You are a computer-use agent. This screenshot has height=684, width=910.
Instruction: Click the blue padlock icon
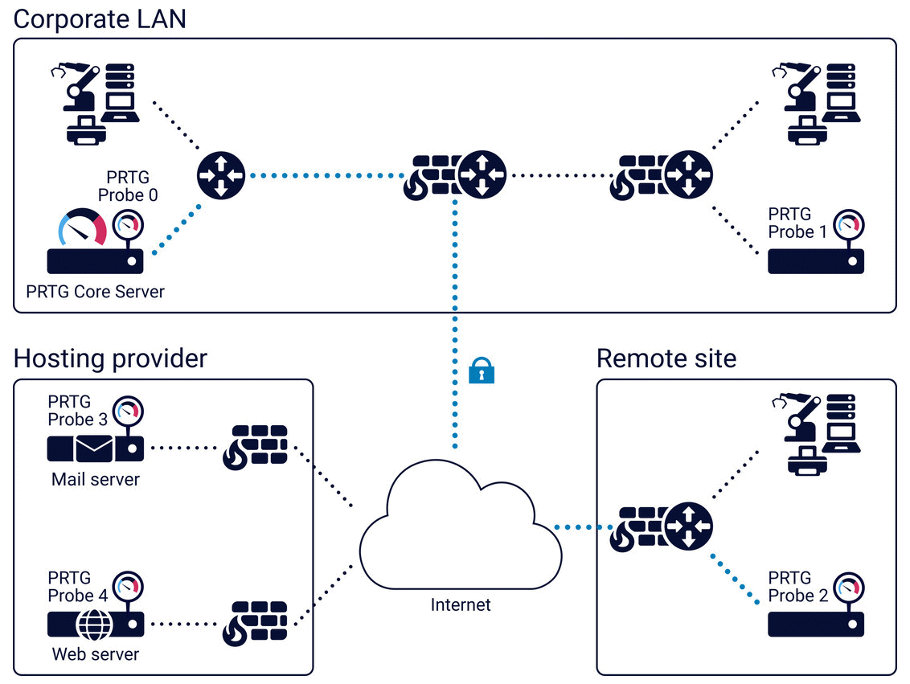click(482, 371)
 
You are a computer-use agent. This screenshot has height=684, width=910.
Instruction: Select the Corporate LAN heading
click(100, 18)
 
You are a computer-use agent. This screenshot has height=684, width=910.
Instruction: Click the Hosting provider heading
click(111, 358)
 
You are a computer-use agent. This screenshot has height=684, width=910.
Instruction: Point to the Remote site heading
click(666, 358)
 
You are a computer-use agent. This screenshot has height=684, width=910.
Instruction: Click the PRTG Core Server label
click(95, 291)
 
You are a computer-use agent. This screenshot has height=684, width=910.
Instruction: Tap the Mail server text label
click(96, 480)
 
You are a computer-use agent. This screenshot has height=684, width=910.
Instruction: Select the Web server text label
click(96, 654)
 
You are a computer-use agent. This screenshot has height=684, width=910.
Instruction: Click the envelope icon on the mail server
click(95, 448)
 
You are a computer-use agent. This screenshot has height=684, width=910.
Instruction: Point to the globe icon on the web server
click(95, 624)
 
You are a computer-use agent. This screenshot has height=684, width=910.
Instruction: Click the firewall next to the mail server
click(255, 447)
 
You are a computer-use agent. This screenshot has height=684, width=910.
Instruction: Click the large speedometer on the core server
click(83, 227)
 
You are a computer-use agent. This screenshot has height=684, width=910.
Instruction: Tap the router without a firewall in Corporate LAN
click(221, 174)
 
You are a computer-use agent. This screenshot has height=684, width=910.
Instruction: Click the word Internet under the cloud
click(461, 604)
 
